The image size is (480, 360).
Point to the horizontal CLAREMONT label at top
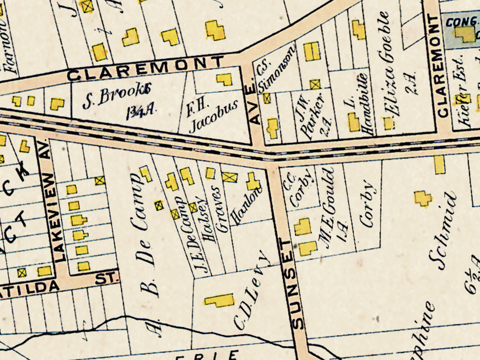[145, 69]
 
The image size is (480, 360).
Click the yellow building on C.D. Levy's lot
[219, 300]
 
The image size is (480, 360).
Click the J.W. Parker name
[313, 116]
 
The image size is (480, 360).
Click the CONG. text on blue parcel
[459, 22]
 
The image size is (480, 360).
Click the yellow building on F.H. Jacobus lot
[224, 79]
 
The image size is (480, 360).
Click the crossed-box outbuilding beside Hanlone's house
[230, 177]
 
